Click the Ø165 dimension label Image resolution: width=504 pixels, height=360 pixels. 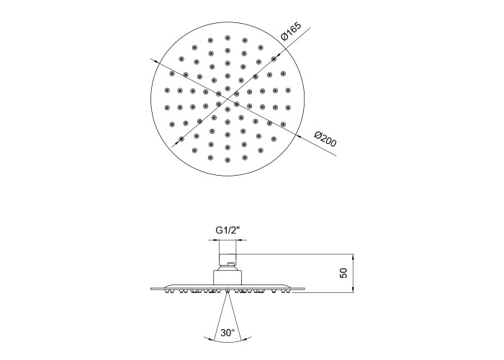(291, 31)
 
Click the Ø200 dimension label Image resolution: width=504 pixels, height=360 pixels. (325, 138)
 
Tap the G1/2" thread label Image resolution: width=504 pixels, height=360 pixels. (228, 230)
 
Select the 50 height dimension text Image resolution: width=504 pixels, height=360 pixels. (343, 273)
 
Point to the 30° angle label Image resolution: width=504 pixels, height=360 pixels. (228, 333)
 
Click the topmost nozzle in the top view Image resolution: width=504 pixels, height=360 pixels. (228, 38)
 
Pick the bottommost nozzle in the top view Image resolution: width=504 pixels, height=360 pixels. (228, 160)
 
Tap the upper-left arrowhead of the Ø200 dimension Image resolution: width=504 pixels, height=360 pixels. (156, 61)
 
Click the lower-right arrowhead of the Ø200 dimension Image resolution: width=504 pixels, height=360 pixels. (298, 136)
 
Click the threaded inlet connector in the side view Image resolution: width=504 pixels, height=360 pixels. (228, 258)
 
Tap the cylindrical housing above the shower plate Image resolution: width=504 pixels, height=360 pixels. (228, 277)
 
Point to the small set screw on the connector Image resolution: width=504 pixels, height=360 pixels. (229, 264)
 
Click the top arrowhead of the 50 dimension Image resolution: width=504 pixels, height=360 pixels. (353, 257)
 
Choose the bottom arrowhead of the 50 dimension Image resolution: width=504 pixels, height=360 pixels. (353, 289)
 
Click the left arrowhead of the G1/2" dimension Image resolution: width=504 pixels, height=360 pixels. (216, 240)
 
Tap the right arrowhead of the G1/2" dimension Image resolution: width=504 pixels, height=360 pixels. (239, 240)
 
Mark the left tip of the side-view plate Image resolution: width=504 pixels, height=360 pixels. (151, 289)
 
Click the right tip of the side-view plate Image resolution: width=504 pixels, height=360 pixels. (304, 289)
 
